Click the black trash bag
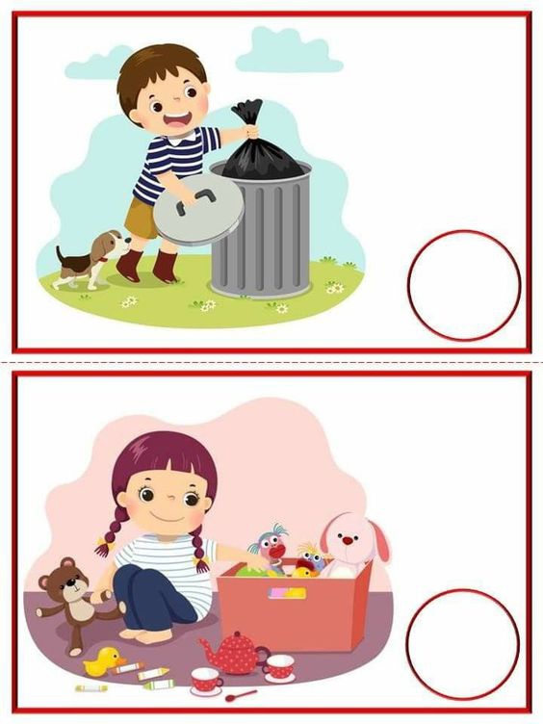click(x=258, y=144)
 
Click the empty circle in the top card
click(x=463, y=283)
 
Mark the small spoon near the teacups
click(x=241, y=694)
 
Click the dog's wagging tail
click(x=59, y=256)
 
